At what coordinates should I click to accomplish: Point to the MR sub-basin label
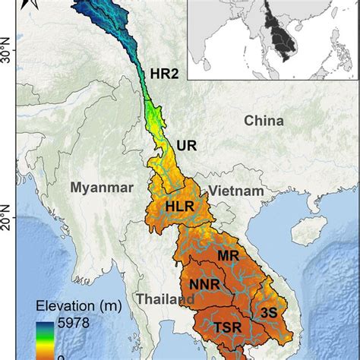[229, 256]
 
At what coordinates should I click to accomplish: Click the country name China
[264, 121]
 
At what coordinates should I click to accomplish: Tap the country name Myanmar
[101, 187]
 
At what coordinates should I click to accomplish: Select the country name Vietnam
[237, 191]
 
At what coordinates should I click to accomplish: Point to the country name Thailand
[162, 299]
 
